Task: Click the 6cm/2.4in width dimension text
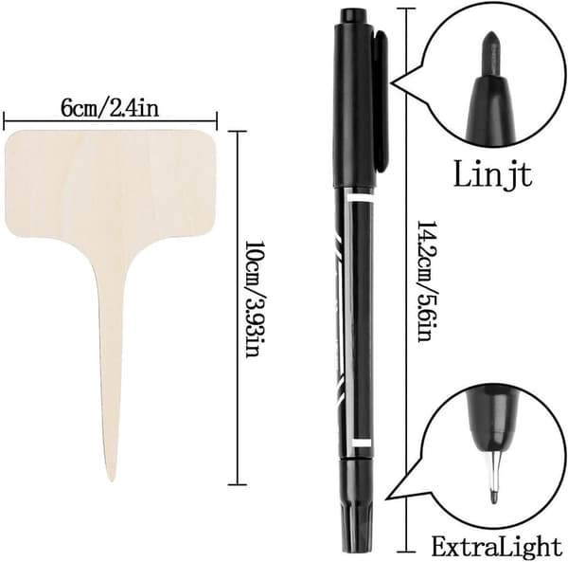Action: pyautogui.click(x=110, y=108)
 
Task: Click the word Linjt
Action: pyautogui.click(x=493, y=174)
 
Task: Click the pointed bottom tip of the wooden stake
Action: pyautogui.click(x=112, y=480)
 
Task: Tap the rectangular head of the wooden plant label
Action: pyautogui.click(x=111, y=184)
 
